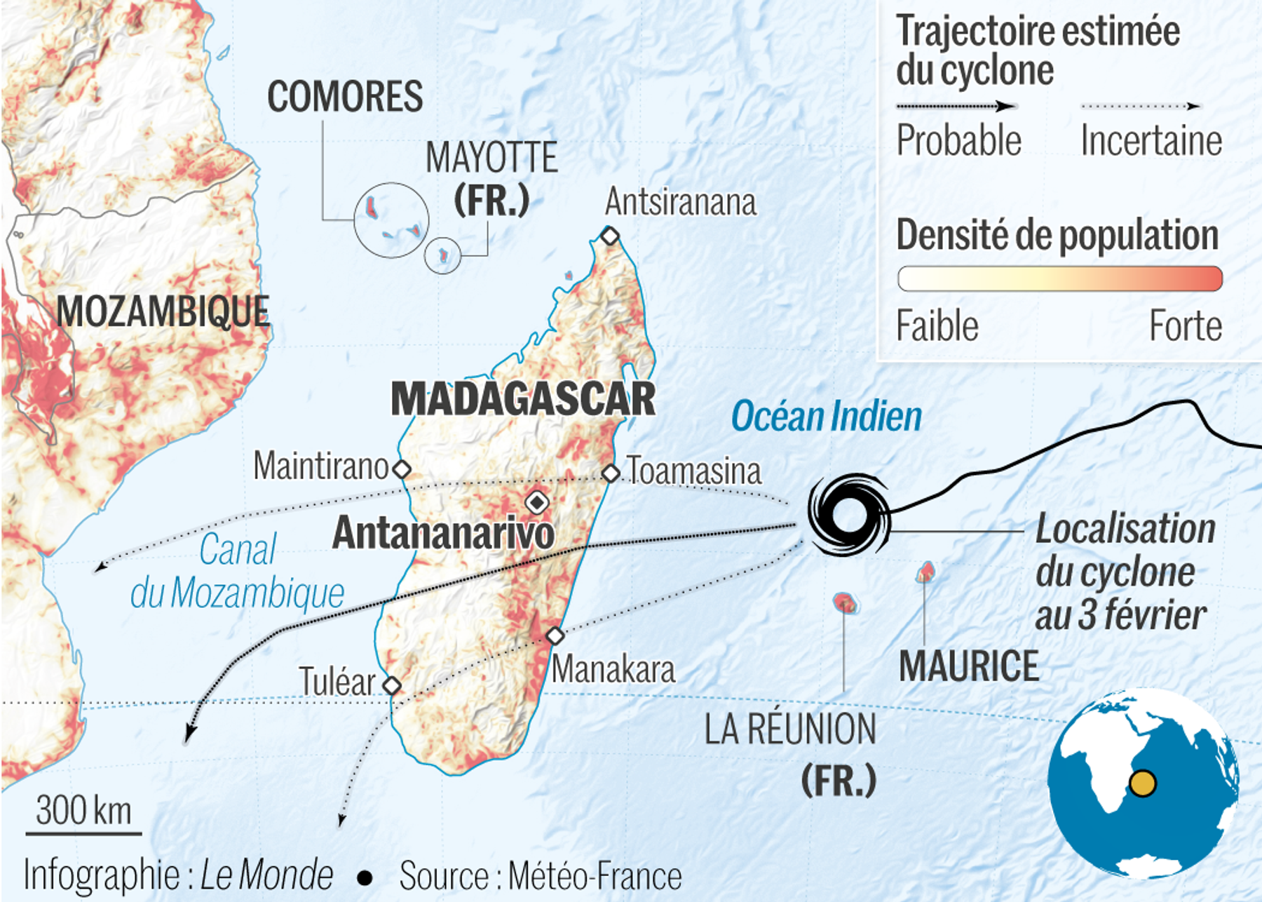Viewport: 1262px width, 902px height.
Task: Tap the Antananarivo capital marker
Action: click(x=537, y=502)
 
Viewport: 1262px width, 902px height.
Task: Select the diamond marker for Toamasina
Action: click(x=611, y=473)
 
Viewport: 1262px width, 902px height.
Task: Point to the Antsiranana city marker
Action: click(x=610, y=236)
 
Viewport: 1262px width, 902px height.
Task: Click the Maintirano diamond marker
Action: click(x=402, y=469)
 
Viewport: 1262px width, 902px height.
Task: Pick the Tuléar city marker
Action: click(x=392, y=685)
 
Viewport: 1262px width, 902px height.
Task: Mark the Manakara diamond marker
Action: click(x=555, y=635)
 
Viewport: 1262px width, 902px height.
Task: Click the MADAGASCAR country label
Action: click(x=523, y=399)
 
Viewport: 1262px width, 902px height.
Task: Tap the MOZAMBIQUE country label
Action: click(x=163, y=311)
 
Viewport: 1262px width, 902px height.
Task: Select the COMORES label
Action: click(x=345, y=96)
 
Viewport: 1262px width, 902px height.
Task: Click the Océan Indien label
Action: click(x=826, y=417)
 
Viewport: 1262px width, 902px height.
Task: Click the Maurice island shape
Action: click(x=926, y=572)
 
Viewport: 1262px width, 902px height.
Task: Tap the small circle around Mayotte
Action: click(x=442, y=255)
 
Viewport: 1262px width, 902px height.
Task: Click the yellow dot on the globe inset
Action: click(x=1143, y=783)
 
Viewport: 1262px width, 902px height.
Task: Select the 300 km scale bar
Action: click(x=83, y=833)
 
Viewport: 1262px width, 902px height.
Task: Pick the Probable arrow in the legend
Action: click(x=956, y=107)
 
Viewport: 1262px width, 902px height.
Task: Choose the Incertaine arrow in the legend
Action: click(x=1140, y=107)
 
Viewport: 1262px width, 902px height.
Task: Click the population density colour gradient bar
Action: click(x=1059, y=278)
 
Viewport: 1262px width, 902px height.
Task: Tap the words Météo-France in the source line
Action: click(x=595, y=876)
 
